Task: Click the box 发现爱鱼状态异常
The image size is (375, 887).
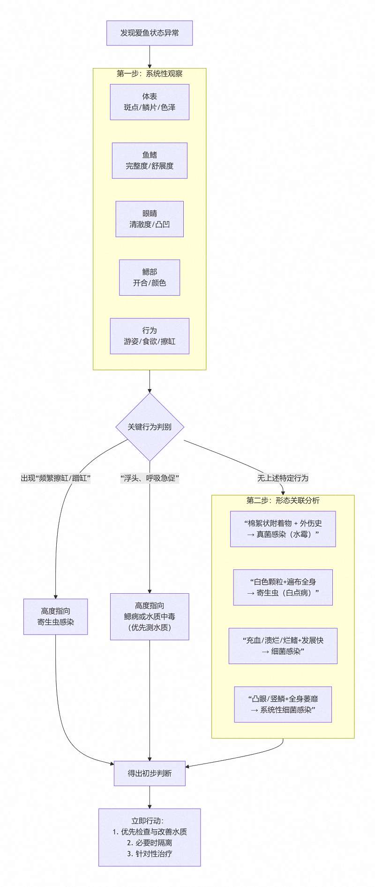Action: coord(150,33)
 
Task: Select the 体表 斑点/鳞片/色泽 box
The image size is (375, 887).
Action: coord(150,102)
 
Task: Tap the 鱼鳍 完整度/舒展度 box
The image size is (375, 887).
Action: coord(150,161)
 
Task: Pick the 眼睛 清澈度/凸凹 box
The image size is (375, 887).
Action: coord(150,219)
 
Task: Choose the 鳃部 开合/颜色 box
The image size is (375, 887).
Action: coord(150,277)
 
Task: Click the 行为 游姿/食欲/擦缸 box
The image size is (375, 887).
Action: coord(150,336)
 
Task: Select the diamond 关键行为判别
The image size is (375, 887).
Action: coord(150,427)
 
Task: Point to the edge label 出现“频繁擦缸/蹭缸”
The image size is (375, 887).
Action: coord(55,478)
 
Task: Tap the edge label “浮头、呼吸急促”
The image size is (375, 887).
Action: coord(150,478)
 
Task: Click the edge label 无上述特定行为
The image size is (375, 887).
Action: coord(283,478)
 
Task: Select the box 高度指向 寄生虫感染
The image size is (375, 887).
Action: coord(55,617)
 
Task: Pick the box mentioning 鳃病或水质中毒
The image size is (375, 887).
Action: coord(150,617)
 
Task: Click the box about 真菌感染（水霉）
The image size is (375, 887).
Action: coord(283,529)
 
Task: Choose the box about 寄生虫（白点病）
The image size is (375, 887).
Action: coord(283,587)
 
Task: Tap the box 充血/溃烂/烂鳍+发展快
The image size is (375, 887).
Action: coord(283,646)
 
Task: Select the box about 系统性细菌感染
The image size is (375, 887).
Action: coord(283,704)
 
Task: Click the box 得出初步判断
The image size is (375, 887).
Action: coord(150,773)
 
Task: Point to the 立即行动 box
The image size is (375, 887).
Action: coord(150,837)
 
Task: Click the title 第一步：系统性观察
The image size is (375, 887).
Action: coord(150,74)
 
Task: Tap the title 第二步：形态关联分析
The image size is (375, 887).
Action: coord(283,500)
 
